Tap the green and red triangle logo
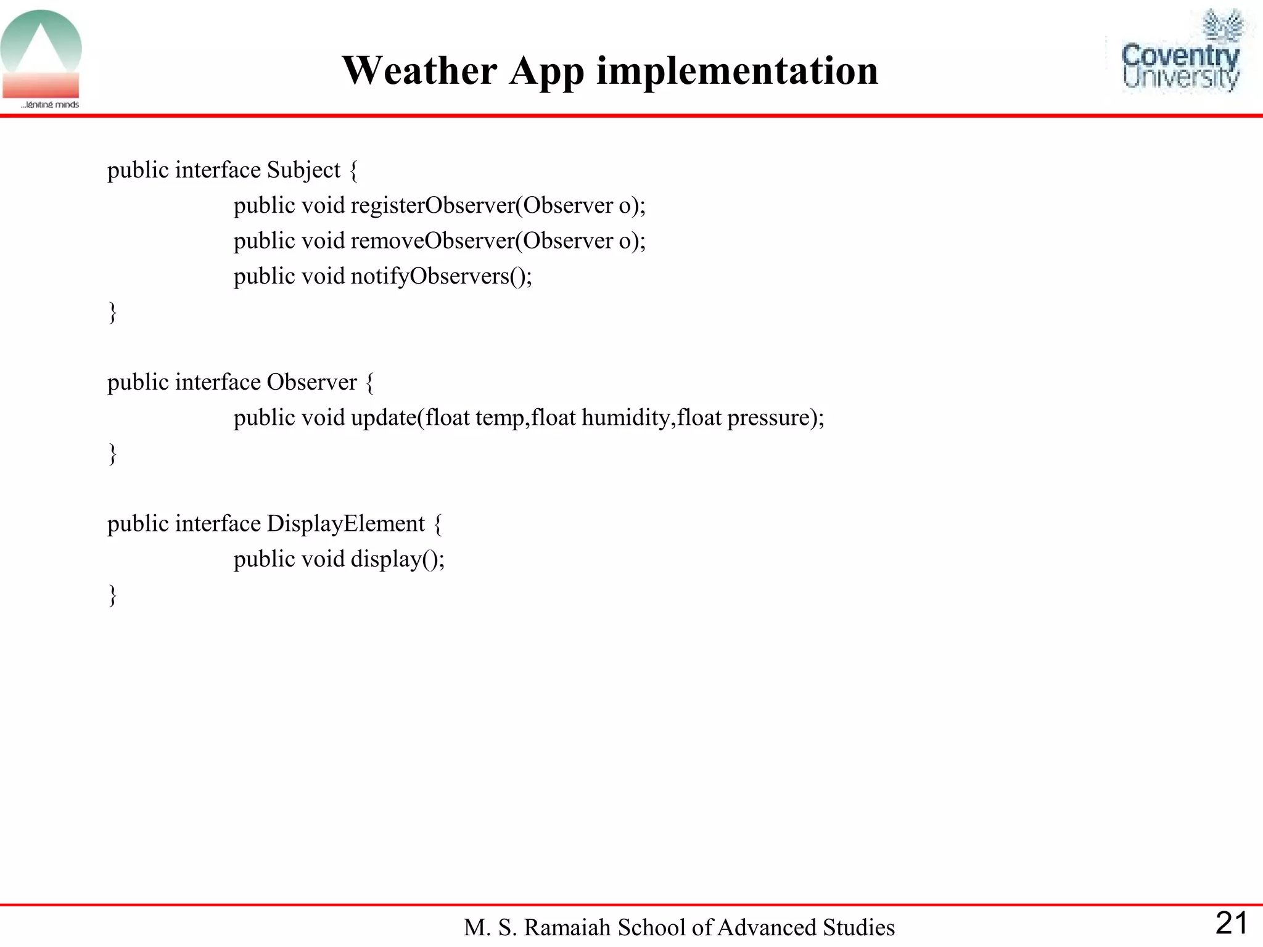41,55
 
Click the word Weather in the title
419,70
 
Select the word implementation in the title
737,70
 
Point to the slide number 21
1231,923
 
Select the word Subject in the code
303,170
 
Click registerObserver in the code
432,205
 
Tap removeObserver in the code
432,240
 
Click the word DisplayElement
345,524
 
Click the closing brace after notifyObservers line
112,312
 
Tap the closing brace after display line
112,595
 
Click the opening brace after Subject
353,170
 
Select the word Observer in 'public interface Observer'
311,382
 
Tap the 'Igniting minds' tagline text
51,105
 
